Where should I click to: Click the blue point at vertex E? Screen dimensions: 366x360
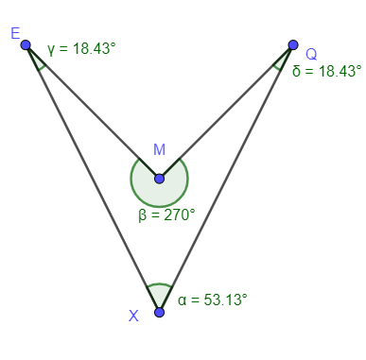point(26,44)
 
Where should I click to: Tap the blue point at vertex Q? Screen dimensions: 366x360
point(293,44)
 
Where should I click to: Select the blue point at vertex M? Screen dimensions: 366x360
point(159,178)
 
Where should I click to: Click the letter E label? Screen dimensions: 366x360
point(15,33)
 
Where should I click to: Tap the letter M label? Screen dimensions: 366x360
point(159,150)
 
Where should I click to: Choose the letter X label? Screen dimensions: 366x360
point(133,315)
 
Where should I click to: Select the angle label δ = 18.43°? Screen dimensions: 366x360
point(326,71)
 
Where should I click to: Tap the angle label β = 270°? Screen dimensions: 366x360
point(166,214)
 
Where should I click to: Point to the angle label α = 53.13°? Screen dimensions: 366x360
point(212,300)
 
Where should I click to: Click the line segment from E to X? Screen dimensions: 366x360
point(92,178)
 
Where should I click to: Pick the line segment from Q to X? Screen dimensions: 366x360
point(226,178)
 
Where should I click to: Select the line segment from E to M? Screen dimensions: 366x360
point(92,111)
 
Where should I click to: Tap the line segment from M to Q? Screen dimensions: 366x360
point(226,111)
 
